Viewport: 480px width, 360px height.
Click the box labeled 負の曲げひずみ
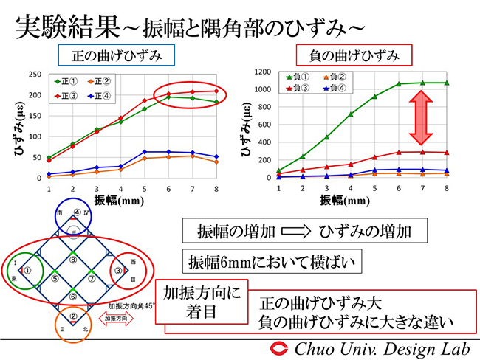354,55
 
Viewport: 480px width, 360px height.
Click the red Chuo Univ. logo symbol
281,348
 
